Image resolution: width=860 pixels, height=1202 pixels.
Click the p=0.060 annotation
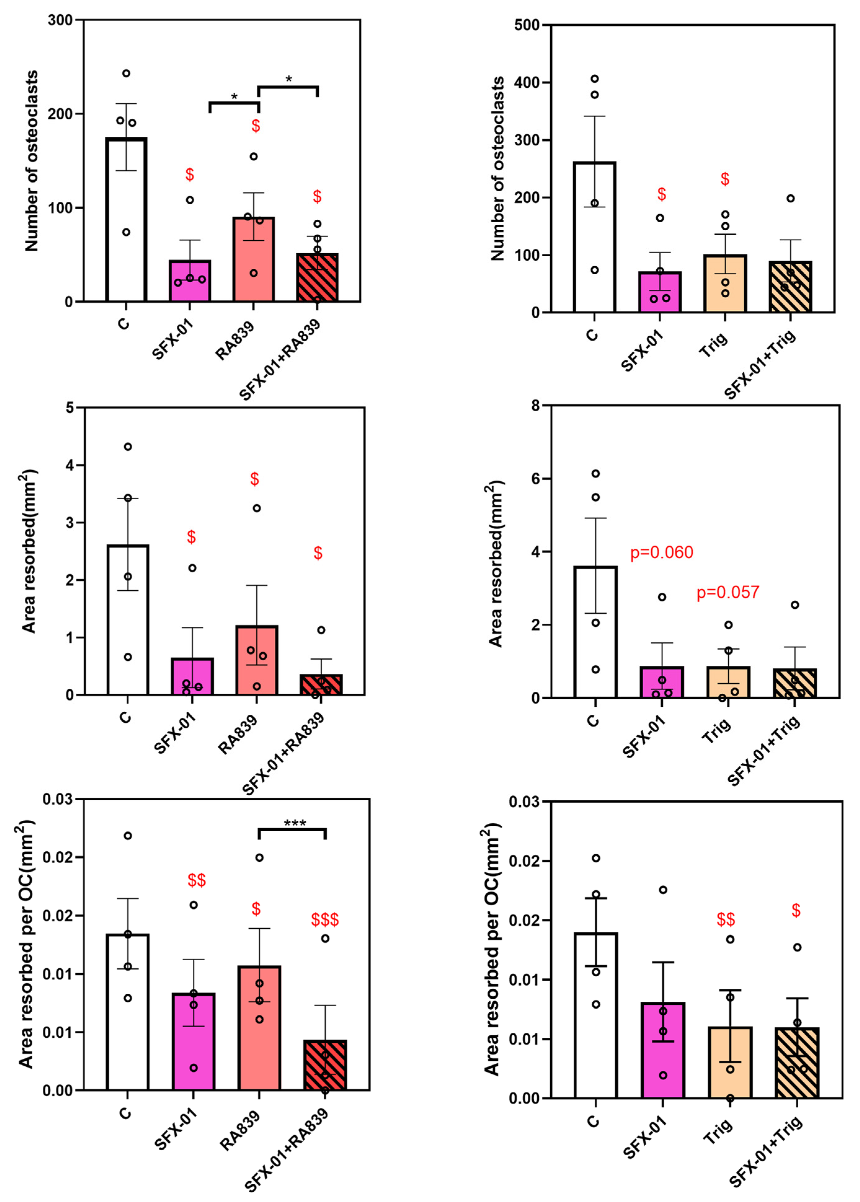tap(661, 553)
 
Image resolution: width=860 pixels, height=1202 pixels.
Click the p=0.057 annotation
tap(728, 592)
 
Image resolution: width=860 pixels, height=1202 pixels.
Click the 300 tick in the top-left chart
tap(60, 20)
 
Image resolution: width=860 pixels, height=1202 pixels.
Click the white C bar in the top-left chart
tap(126, 222)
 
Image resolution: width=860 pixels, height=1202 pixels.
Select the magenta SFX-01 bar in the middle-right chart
tap(661, 683)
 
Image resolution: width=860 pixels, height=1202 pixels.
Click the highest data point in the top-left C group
tap(126, 73)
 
